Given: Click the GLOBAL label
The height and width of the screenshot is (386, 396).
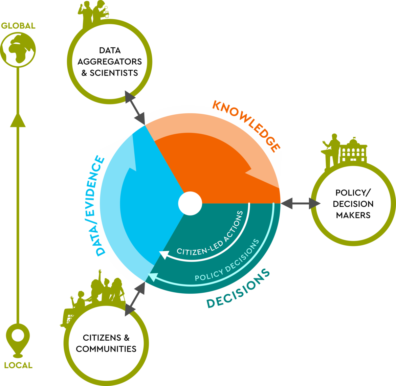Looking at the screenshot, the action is (x=18, y=26).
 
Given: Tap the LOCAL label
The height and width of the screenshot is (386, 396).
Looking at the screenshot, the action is (x=18, y=365).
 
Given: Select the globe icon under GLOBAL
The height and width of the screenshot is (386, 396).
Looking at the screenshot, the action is (x=18, y=50).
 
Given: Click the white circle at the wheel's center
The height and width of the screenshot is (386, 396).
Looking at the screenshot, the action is (x=190, y=203).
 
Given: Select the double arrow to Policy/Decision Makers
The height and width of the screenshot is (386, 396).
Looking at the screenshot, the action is (x=301, y=203).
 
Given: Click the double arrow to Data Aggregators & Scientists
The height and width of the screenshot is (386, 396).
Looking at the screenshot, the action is (x=135, y=108).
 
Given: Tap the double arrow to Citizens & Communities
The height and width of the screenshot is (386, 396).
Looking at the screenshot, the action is (x=135, y=299).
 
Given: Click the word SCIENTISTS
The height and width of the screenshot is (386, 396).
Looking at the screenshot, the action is (x=114, y=73).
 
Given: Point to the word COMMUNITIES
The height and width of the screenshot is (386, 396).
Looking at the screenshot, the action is (x=106, y=349).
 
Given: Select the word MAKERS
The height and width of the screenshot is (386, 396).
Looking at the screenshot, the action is (x=353, y=215).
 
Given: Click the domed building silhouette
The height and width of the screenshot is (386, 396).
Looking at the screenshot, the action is (x=353, y=151).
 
